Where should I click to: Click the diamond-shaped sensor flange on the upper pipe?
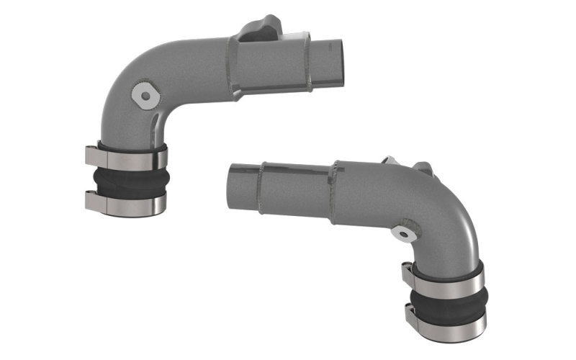point(146,94)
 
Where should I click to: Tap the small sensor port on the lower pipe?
point(403,233)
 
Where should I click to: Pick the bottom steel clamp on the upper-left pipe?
point(127,204)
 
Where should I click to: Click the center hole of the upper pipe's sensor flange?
point(146,95)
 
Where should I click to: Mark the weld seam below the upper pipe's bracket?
point(232,68)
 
